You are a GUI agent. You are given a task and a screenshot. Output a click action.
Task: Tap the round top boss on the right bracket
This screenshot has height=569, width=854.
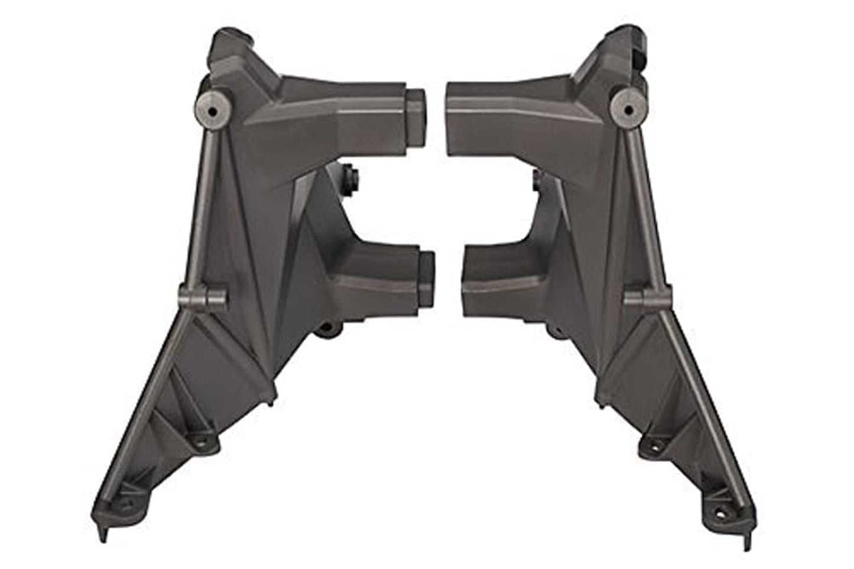[x=632, y=106]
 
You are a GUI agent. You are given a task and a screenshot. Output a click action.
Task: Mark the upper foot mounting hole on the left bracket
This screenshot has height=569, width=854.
[x=204, y=441]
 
